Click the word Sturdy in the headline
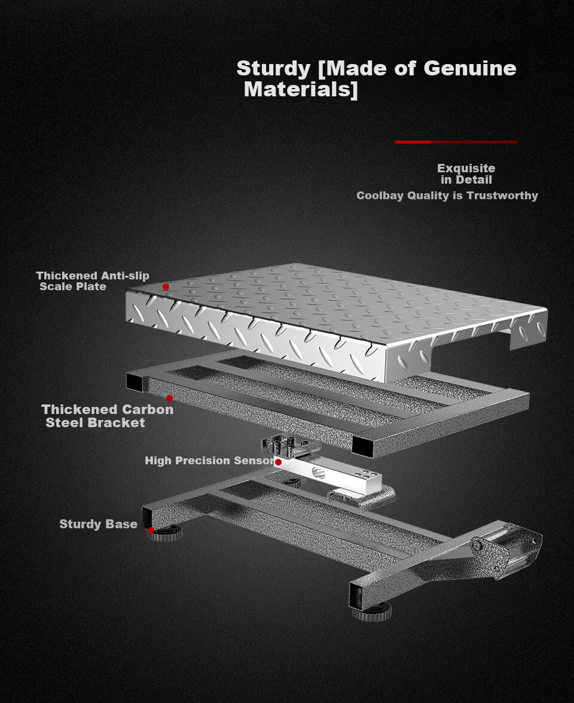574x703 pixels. (273, 69)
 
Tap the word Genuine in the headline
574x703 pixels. (469, 68)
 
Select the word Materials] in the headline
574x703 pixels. (301, 89)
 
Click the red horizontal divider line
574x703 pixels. (456, 142)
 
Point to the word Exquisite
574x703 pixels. (466, 169)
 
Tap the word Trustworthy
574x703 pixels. (502, 196)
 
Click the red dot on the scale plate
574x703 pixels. (166, 287)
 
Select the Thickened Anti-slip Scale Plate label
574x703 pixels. (93, 281)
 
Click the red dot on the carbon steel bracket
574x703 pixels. (169, 398)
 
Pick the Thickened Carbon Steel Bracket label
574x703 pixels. (108, 416)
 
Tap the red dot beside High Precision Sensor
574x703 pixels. (278, 462)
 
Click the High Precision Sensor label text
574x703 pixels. (210, 461)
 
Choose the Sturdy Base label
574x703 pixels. (98, 524)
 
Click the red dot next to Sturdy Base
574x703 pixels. (151, 530)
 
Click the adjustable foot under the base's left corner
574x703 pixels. (166, 532)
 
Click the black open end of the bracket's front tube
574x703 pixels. (362, 446)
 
